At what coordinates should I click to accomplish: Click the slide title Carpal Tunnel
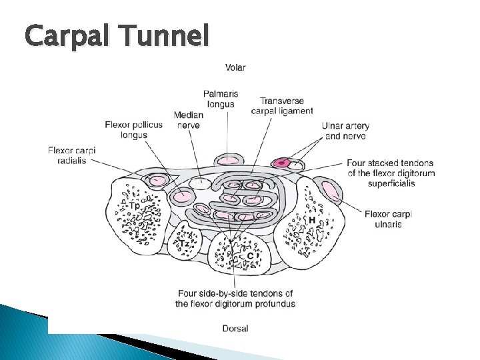coord(117,35)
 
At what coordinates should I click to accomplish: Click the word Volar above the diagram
coord(235,67)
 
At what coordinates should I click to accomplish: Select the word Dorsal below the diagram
coord(235,328)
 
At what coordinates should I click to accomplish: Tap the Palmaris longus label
coord(221,99)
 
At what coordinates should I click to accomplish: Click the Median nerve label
coord(188,120)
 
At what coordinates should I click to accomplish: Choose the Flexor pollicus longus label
coord(133,129)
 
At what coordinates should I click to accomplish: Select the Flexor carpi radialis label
coord(71,155)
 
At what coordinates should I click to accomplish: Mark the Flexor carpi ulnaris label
coord(388,219)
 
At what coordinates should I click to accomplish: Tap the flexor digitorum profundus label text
coord(235,299)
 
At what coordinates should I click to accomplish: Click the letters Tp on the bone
coord(135,206)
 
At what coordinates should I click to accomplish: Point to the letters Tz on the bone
coord(184,245)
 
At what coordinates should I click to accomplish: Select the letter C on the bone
coord(250,255)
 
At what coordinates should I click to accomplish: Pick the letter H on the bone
coord(311,219)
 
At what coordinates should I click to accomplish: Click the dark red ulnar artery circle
coord(283,163)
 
